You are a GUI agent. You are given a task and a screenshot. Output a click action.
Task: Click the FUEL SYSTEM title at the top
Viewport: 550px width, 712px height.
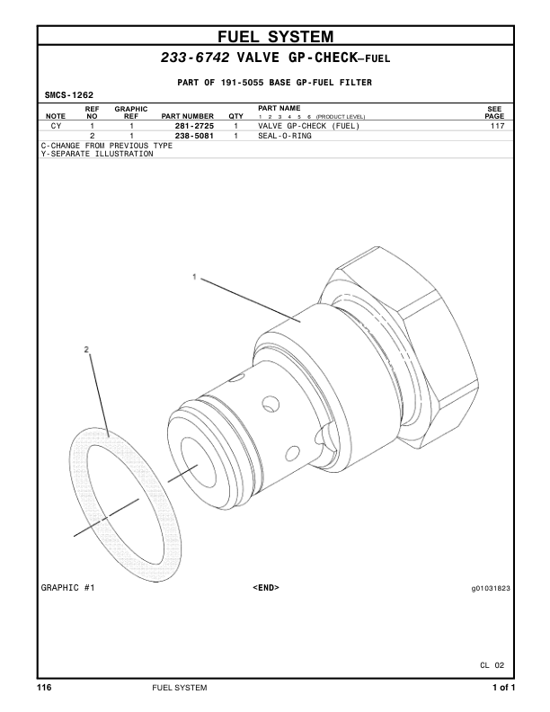[x=276, y=36]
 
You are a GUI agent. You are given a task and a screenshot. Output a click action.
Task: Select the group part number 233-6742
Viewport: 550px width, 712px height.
[x=195, y=58]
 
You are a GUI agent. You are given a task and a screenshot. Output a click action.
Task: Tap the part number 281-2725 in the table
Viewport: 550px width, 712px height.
[x=194, y=126]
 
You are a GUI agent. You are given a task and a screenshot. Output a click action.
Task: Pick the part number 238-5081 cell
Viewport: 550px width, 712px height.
[x=194, y=136]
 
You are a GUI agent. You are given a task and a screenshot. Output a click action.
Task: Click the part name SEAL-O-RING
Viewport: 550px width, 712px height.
[x=285, y=136]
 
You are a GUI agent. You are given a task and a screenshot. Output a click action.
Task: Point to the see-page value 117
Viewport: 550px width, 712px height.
[x=497, y=126]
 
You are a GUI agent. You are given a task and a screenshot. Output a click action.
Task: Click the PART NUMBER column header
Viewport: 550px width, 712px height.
[x=188, y=116]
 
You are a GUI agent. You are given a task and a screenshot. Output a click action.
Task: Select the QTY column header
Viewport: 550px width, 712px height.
[x=236, y=116]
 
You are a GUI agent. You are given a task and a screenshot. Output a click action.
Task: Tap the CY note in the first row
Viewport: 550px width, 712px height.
[x=56, y=126]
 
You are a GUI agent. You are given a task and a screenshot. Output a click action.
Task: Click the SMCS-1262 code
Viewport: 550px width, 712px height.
[x=69, y=95]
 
